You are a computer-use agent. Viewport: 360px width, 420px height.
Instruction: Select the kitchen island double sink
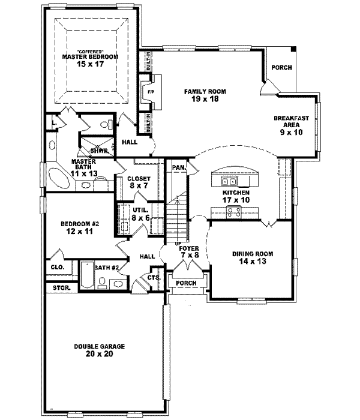tap(229, 181)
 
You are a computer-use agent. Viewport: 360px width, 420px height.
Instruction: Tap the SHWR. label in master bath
tap(98, 151)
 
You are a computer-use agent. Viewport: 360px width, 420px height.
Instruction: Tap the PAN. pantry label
tap(178, 167)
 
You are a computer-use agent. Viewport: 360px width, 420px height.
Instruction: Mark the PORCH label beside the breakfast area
tap(281, 68)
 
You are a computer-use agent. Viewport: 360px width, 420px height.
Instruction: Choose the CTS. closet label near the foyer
tap(154, 278)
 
